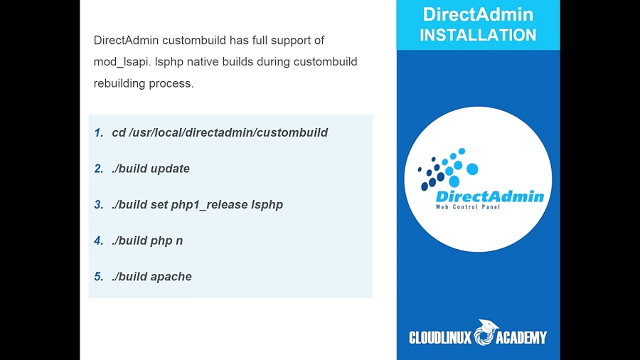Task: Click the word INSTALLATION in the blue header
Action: pyautogui.click(x=478, y=35)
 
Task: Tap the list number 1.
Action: pyautogui.click(x=98, y=132)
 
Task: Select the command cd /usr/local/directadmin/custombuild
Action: pyautogui.click(x=220, y=132)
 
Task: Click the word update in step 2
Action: pyautogui.click(x=170, y=169)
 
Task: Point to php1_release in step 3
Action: pyautogui.click(x=209, y=205)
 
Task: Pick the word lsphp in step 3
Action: pyautogui.click(x=267, y=205)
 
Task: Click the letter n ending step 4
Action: pyautogui.click(x=179, y=241)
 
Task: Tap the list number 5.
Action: pyautogui.click(x=98, y=277)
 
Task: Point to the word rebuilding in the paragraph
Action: pyautogui.click(x=119, y=83)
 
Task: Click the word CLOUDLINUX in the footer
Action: pyautogui.click(x=440, y=337)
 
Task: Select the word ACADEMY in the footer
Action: pyautogui.click(x=521, y=337)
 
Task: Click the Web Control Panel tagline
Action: pyautogui.click(x=468, y=207)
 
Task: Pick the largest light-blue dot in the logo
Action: pyautogui.click(x=472, y=169)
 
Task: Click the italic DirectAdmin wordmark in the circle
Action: pyautogui.click(x=490, y=196)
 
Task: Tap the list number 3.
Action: pyautogui.click(x=98, y=204)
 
